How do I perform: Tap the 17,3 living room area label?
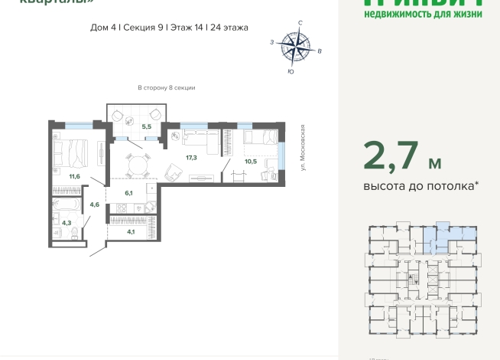coord(191,157)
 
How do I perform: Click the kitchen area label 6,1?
coord(129,194)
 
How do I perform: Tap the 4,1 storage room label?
coord(131,232)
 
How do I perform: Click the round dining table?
coord(138,165)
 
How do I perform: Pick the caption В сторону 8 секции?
coord(166,88)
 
